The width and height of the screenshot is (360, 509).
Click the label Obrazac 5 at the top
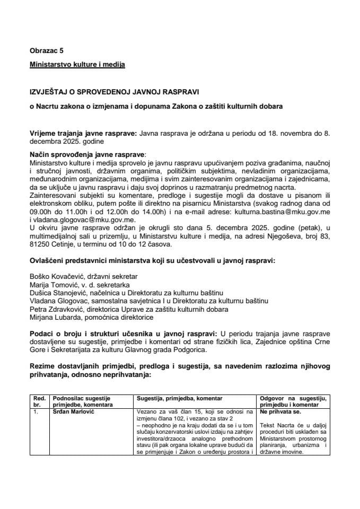[46, 51]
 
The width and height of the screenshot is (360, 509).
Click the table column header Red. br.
[39, 401]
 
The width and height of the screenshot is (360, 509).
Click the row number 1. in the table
[36, 411]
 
